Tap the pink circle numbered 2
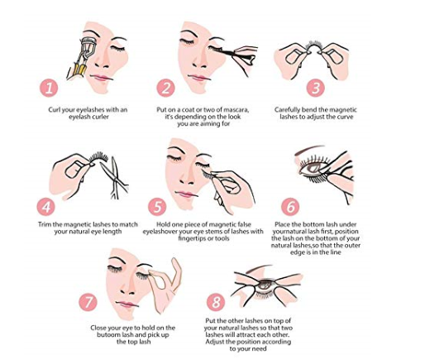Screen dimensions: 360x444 (x=165, y=87)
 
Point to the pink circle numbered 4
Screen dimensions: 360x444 (x=47, y=206)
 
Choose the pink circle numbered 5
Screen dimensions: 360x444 (x=158, y=206)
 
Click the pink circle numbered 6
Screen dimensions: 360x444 (x=289, y=206)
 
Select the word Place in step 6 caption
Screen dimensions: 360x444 (x=293, y=224)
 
